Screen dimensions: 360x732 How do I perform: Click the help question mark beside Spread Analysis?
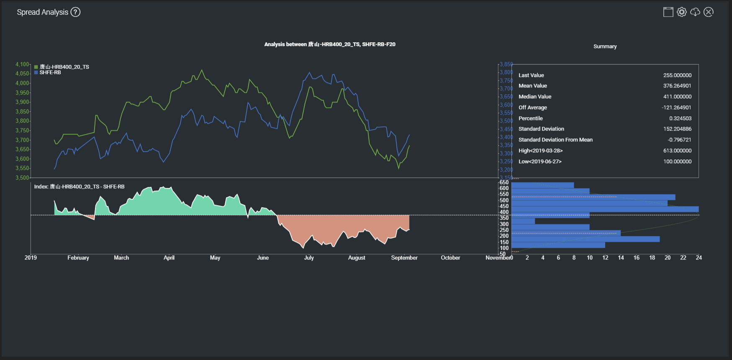(75, 12)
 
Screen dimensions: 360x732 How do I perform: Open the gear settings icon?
(682, 12)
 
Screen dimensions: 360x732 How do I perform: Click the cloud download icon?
(695, 12)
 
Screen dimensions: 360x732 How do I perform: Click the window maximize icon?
(668, 12)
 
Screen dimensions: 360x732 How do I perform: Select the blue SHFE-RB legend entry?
(50, 72)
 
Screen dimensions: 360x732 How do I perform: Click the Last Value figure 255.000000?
(677, 75)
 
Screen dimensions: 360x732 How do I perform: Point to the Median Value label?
(535, 97)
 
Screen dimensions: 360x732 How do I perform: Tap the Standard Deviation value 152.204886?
(677, 129)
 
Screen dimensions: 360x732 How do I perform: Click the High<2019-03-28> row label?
(540, 151)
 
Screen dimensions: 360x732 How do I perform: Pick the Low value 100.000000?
(677, 162)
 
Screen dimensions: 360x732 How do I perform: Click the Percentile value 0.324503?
(680, 118)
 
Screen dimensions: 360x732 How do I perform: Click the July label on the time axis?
(309, 258)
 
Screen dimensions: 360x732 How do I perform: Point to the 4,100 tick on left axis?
(22, 64)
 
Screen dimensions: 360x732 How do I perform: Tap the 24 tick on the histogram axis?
(699, 258)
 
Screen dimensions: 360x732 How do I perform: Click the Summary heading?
(605, 46)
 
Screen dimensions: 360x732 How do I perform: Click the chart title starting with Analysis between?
(329, 44)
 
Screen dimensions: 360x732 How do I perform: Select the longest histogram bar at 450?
(605, 209)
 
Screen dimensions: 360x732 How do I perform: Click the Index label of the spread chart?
(79, 187)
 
